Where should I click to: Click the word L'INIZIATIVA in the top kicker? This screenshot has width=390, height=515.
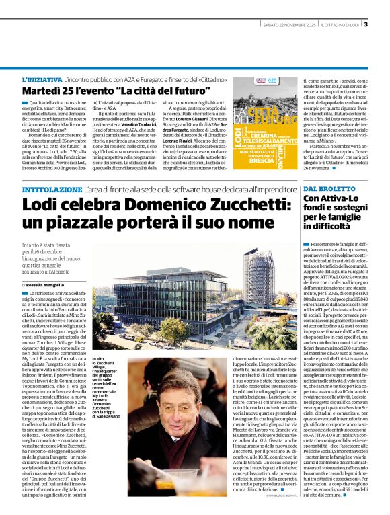40,79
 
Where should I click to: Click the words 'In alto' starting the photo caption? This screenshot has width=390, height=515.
98,360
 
